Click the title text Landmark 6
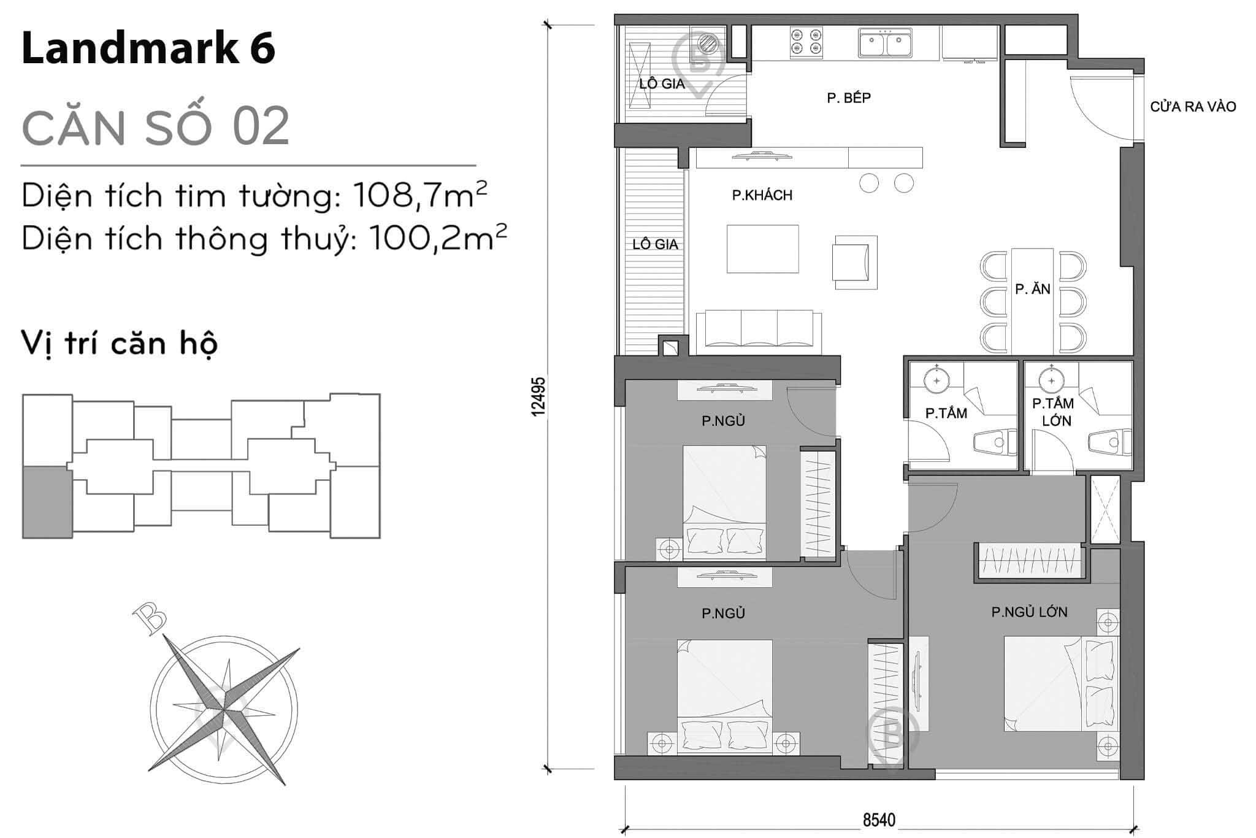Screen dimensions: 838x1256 148,49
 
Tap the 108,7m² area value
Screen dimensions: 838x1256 420,196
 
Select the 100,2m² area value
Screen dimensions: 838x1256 438,239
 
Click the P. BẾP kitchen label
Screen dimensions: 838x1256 849,98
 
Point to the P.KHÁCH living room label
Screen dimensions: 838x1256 762,195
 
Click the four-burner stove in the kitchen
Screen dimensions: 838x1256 806,42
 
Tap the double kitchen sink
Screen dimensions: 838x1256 885,43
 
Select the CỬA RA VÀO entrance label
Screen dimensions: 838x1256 1192,107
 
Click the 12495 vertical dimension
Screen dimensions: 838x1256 538,397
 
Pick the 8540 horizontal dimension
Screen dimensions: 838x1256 879,820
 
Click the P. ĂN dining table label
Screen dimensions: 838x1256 1033,289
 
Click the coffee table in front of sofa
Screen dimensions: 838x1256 762,248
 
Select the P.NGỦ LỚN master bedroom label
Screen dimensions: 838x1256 1029,612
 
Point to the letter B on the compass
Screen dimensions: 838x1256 150,617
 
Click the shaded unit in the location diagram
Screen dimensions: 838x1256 46,502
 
